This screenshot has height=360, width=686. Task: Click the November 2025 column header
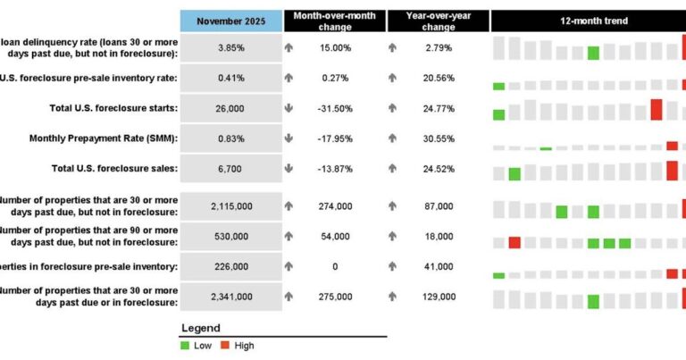[x=231, y=21]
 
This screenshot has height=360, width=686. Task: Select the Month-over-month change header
[x=335, y=21]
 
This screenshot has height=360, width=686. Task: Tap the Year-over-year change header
[x=438, y=21]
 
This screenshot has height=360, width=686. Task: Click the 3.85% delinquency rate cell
[x=231, y=47]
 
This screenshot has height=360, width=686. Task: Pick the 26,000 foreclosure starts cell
[x=231, y=108]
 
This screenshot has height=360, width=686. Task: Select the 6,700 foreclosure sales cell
[x=231, y=168]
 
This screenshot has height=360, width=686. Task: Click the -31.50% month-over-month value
[x=335, y=108]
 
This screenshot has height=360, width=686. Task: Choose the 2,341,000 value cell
[x=231, y=296]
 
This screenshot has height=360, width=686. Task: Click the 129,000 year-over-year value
[x=438, y=296]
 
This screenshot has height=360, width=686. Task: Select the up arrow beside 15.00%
[x=289, y=47]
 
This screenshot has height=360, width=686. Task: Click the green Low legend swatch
[x=186, y=346]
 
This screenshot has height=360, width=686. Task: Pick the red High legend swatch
[x=225, y=346]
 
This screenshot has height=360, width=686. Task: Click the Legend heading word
[x=200, y=328]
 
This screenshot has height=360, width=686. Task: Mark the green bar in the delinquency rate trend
[x=593, y=53]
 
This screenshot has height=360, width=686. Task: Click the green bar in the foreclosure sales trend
[x=514, y=173]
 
